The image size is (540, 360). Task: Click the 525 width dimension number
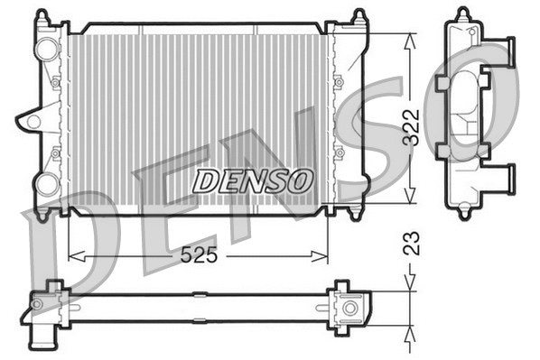point(198,255)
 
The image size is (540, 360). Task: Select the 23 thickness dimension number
point(411,243)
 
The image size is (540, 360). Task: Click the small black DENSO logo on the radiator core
point(252,180)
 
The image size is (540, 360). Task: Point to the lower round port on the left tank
point(45,185)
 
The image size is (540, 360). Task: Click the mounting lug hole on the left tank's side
point(33,119)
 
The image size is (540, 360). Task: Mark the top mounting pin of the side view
point(463,14)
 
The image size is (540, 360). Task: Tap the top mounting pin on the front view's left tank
point(42,14)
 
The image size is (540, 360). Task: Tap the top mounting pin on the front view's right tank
point(358,14)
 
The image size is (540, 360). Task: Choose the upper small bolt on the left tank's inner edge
point(55,84)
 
